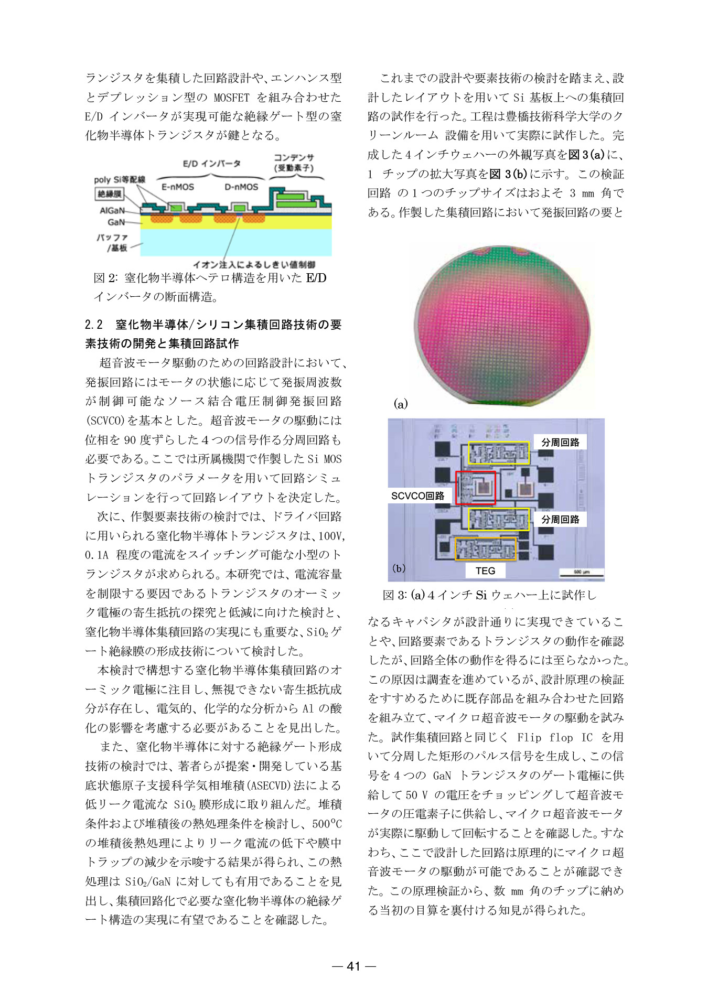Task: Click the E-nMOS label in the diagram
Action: [177, 187]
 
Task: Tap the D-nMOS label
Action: [241, 187]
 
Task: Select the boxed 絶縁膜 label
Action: [109, 194]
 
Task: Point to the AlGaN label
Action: [112, 210]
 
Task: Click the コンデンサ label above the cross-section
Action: [294, 158]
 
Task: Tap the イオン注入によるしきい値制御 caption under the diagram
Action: [254, 264]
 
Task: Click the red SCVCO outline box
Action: [475, 488]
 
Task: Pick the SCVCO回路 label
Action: [417, 496]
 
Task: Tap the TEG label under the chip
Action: [485, 571]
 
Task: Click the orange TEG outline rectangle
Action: [485, 549]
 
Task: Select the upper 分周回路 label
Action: [560, 442]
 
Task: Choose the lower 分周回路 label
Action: [560, 519]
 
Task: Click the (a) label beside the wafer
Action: [400, 404]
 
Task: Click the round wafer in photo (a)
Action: [502, 325]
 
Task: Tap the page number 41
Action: [354, 966]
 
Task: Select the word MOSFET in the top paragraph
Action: [231, 98]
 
